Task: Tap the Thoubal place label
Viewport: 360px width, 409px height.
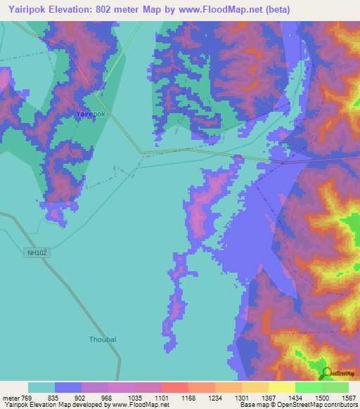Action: pyautogui.click(x=102, y=339)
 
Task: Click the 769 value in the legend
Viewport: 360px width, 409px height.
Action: pyautogui.click(x=27, y=398)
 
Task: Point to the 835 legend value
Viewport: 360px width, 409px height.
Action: pyautogui.click(x=54, y=398)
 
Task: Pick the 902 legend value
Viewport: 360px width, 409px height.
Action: pyautogui.click(x=82, y=398)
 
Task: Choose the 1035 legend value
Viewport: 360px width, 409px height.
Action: pyautogui.click(x=136, y=398)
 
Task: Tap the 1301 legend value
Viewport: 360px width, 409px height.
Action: pyautogui.click(x=243, y=398)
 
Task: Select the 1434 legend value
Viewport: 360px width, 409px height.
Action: pyautogui.click(x=295, y=398)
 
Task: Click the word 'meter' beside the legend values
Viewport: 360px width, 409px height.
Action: pyautogui.click(x=11, y=398)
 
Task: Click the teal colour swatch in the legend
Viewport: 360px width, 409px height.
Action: pyautogui.click(x=41, y=387)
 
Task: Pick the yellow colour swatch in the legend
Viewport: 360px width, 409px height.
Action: pyautogui.click(x=281, y=387)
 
